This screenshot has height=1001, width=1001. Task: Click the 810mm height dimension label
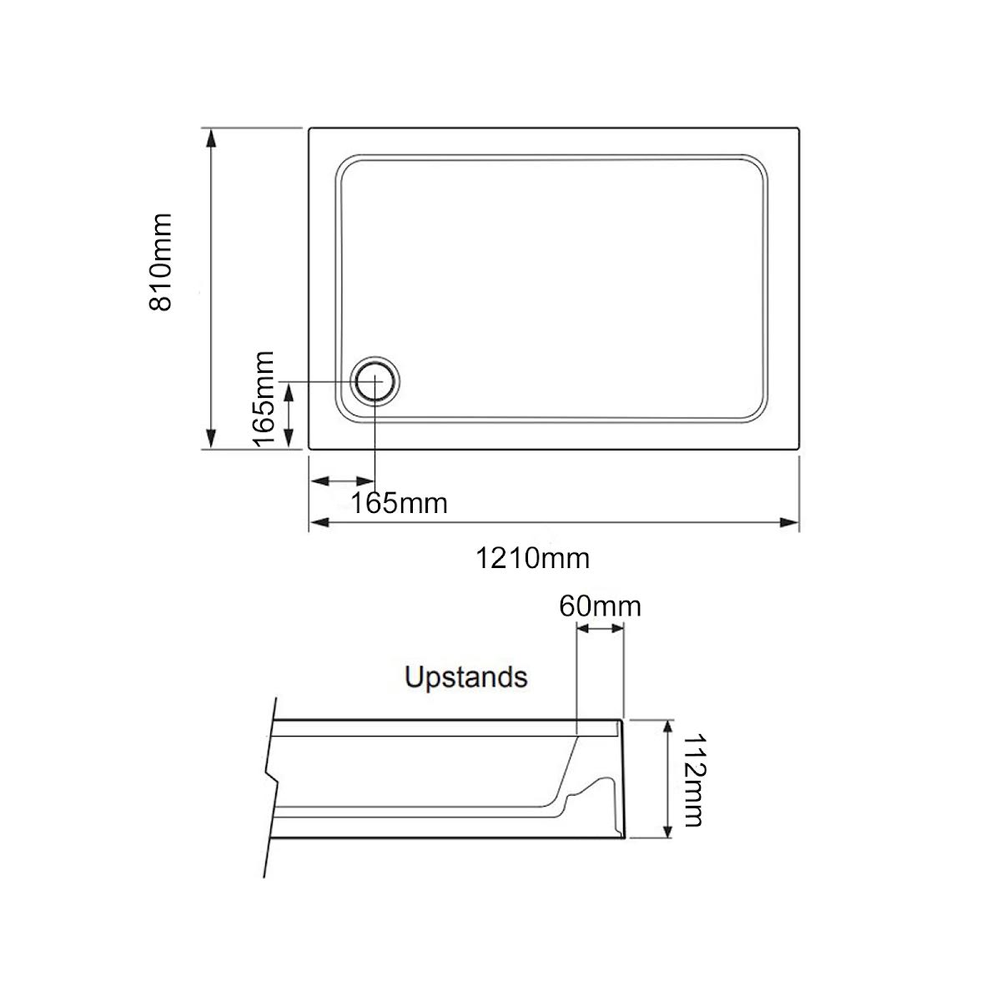[160, 262]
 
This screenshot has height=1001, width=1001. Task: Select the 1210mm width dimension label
[532, 558]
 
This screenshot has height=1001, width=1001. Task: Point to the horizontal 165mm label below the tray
[399, 504]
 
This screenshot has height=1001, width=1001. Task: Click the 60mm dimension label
[600, 606]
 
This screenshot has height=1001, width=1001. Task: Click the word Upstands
[465, 677]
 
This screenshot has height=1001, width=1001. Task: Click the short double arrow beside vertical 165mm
[289, 415]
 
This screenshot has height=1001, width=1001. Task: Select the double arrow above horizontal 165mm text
[342, 482]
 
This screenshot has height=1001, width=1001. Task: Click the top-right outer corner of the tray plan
[799, 128]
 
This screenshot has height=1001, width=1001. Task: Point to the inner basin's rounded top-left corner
[345, 165]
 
